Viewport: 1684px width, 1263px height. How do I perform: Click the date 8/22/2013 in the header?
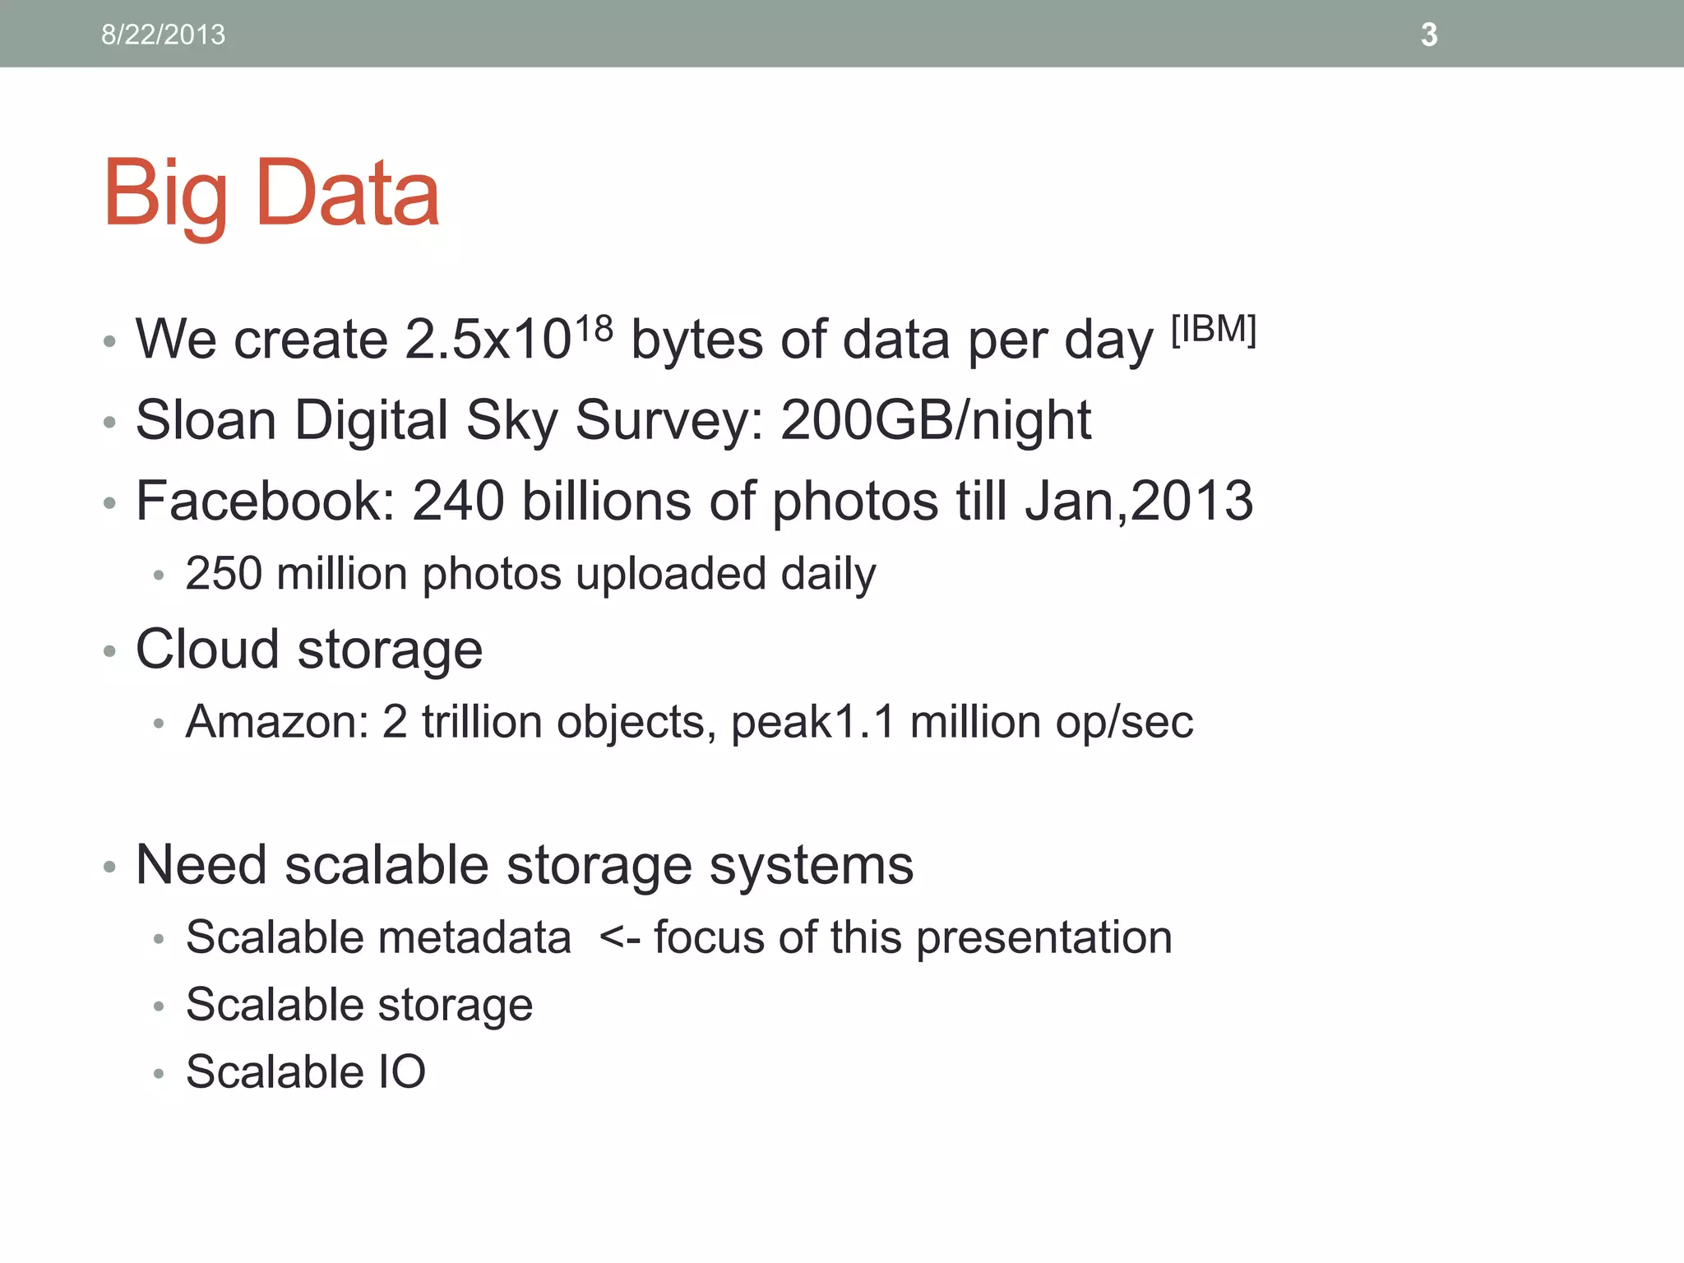[163, 35]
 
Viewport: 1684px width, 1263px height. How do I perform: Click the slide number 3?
[1429, 35]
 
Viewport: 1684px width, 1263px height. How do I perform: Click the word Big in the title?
[165, 195]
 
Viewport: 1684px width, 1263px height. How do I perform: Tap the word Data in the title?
[348, 193]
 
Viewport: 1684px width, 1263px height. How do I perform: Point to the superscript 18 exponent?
[594, 330]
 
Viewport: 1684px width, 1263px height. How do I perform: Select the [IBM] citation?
[1214, 330]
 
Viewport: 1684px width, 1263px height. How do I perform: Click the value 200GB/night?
[936, 420]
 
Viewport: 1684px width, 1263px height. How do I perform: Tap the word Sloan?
[206, 420]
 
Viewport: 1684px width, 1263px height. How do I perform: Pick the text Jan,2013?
[1139, 501]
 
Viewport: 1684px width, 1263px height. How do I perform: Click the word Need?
[201, 865]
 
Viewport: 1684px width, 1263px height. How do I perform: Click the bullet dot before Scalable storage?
[159, 1006]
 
